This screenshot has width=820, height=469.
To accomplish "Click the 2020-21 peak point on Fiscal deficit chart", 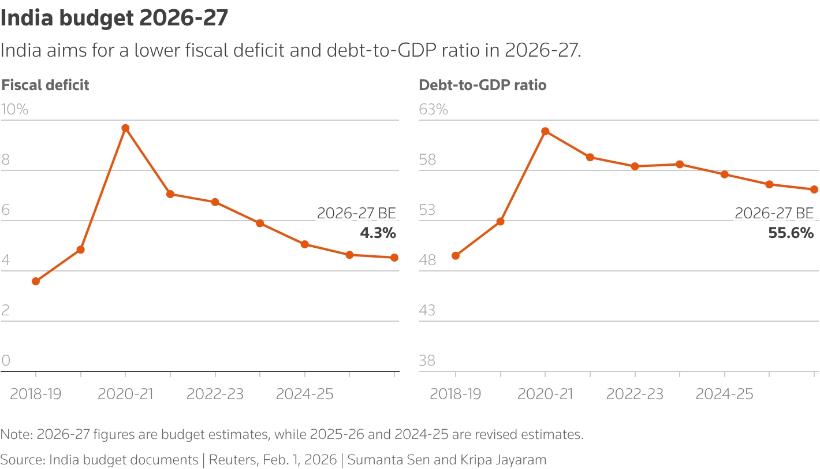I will pos(125,128).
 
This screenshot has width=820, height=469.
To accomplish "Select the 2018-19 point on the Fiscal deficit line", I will pos(36,281).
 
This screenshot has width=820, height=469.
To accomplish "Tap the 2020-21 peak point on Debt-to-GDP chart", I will pos(545,131).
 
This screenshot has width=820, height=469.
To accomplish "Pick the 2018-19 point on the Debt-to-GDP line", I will pos(456,256).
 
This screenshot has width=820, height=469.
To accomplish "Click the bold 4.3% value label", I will pos(378,233).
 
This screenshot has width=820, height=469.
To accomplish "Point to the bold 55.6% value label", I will pos(791,233).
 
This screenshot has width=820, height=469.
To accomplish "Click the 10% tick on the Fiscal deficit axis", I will pos(14,109).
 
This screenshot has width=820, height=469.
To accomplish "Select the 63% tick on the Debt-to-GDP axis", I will pos(433,109).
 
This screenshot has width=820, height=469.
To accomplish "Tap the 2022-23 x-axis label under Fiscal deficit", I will pos(215,394).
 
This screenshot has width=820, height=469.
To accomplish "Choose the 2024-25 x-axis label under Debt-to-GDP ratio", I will pos(724,394).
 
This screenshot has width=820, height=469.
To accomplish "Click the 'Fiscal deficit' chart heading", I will pos(46,85).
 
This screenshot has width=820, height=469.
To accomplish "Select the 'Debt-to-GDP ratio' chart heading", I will pos(483,85).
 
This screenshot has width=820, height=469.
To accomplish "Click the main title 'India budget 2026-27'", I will pos(114,19).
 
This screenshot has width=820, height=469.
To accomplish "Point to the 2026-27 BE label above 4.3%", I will pos(356,214).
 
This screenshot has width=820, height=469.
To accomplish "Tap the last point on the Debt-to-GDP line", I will pos(814,189).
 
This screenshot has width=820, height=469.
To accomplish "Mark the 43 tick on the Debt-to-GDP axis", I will pos(427,311).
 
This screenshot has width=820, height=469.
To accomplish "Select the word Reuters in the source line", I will pos(230,460).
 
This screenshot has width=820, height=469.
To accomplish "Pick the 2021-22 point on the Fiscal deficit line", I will pos(170,194).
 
